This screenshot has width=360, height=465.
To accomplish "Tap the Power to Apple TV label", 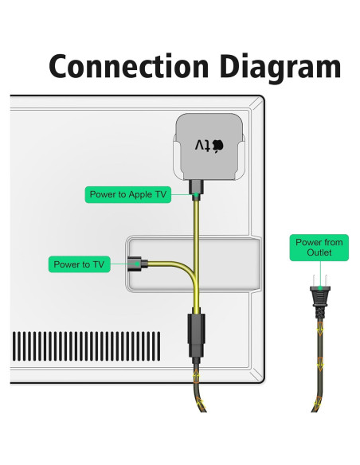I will click(130, 194).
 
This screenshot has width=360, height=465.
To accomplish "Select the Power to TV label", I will click(78, 264).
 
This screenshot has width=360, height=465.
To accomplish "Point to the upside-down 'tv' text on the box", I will click(206, 146).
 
